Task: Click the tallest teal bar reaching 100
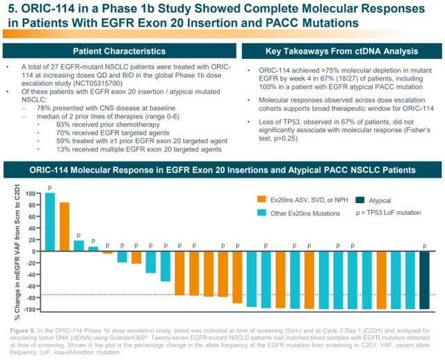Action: point(49,222)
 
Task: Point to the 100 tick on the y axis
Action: point(30,193)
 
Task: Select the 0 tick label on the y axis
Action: point(33,251)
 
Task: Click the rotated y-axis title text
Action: point(12,251)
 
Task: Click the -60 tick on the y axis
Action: point(30,286)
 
